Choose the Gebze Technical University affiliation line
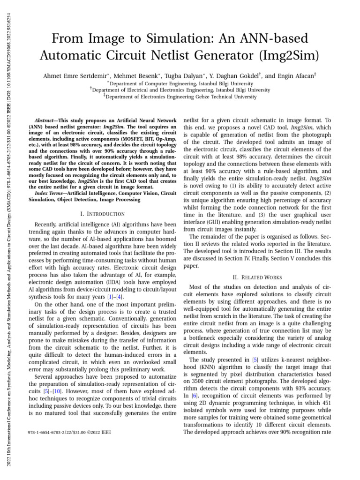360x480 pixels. [x=180, y=97]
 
